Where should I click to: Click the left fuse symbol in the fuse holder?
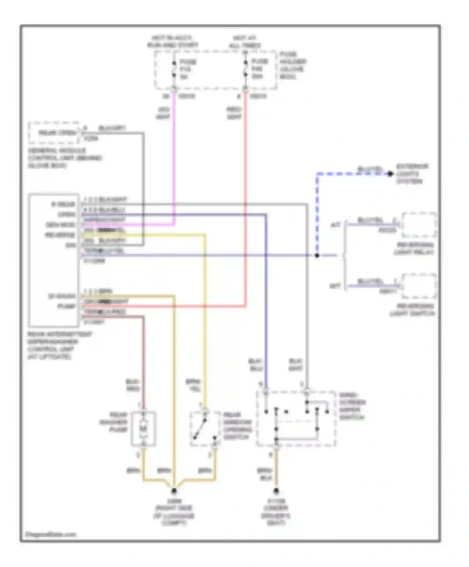coord(174,69)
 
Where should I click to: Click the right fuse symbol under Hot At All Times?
coord(245,69)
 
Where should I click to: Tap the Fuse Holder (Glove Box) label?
coord(293,65)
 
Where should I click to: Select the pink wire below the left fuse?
coord(174,156)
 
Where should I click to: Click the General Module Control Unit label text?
coord(64,158)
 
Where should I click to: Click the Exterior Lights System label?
coord(412,174)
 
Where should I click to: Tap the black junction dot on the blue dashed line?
coord(317,255)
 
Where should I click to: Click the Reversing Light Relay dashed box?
coord(419,225)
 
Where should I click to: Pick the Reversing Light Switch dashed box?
coord(419,286)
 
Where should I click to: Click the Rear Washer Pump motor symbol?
coord(143,429)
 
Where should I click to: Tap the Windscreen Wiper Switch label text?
coord(352,406)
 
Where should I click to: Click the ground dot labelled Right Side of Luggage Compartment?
coord(174,491)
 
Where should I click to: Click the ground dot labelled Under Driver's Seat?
coord(276,491)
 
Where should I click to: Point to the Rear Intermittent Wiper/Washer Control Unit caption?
coord(59,345)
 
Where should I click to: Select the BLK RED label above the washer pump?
coord(133,385)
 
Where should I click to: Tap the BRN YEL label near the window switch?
coord(193,385)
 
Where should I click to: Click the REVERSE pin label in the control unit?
coord(60,235)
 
